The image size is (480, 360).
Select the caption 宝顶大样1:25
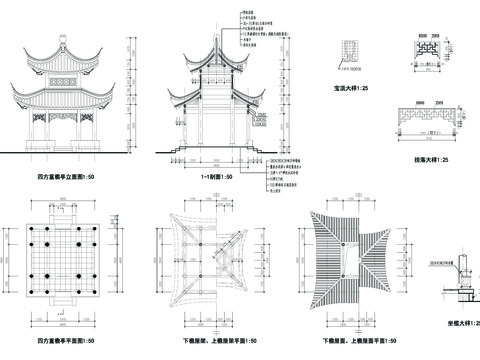350,89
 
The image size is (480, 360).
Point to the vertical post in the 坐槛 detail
464,276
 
